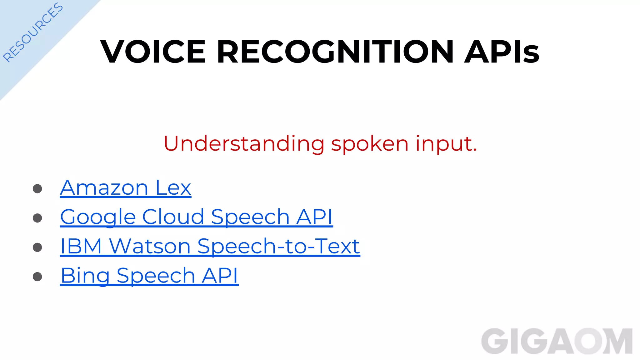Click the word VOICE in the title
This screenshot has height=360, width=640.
click(x=153, y=52)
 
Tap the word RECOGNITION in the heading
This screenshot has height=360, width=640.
click(x=335, y=52)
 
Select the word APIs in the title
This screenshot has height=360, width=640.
click(x=502, y=52)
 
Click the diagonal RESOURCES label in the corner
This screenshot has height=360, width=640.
click(x=33, y=32)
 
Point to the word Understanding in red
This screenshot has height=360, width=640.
click(x=244, y=144)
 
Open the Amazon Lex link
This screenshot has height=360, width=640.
click(x=125, y=188)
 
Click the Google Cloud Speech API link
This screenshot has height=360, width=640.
click(x=196, y=217)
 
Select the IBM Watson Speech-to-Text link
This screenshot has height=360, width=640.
click(x=210, y=246)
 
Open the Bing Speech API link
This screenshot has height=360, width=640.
click(x=149, y=276)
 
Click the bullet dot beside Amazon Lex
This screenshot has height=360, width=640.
click(x=37, y=189)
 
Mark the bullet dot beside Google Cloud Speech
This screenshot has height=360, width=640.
click(x=37, y=218)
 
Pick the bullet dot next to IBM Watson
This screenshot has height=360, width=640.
click(x=37, y=247)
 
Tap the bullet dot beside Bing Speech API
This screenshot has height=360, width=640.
click(x=37, y=277)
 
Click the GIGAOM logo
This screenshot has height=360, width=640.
click(x=557, y=341)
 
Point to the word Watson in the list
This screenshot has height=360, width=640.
click(x=150, y=246)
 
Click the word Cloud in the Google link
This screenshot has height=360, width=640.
click(x=173, y=217)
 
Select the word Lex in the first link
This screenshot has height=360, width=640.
click(x=173, y=188)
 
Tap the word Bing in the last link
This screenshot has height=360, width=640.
click(x=85, y=276)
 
